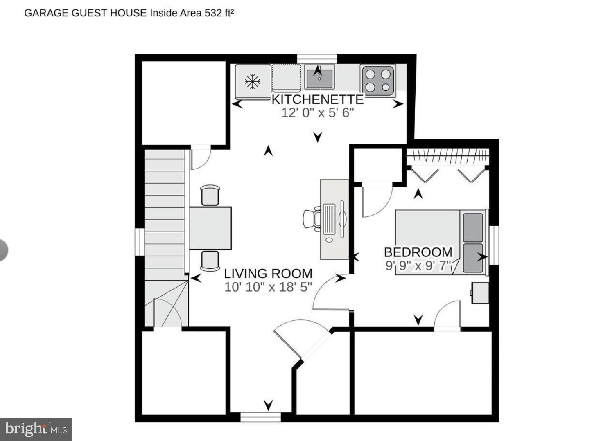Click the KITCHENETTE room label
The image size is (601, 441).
pyautogui.click(x=317, y=99)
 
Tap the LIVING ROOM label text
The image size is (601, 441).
pyautogui.click(x=268, y=273)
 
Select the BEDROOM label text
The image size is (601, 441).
pyautogui.click(x=418, y=252)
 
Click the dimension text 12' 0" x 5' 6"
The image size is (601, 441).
pyautogui.click(x=317, y=112)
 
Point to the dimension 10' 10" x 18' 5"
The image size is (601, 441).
pyautogui.click(x=268, y=287)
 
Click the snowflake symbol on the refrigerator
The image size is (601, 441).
pyautogui.click(x=253, y=81)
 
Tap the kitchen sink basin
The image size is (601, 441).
pyautogui.click(x=319, y=79)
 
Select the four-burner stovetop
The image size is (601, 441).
pyautogui.click(x=378, y=81)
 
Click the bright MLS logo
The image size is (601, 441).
pyautogui.click(x=36, y=429)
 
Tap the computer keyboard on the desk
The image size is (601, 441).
pyautogui.click(x=329, y=219)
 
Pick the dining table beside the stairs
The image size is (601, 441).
pyautogui.click(x=210, y=228)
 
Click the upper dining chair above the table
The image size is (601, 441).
pyautogui.click(x=210, y=195)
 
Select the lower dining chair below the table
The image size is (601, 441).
pyautogui.click(x=210, y=261)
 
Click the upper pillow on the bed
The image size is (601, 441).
pyautogui.click(x=472, y=227)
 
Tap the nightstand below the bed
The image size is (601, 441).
pyautogui.click(x=480, y=292)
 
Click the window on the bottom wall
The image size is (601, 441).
pyautogui.click(x=260, y=417)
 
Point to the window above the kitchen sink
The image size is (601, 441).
pyautogui.click(x=317, y=59)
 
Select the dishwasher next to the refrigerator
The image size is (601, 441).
pyautogui.click(x=287, y=78)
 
